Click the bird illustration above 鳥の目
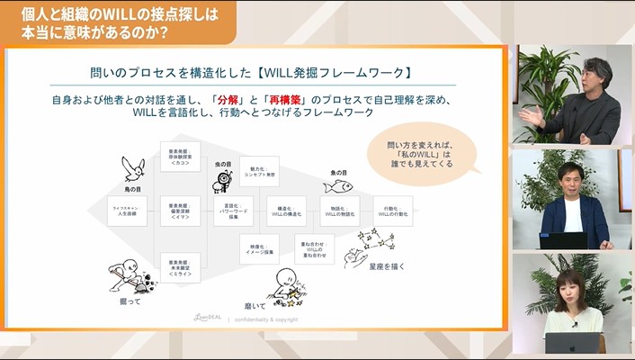point(133,167)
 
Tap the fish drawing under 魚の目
point(338,184)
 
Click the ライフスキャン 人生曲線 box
point(125,211)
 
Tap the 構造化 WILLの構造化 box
point(286,211)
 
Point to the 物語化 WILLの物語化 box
point(340,211)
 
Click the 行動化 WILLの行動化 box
point(392,211)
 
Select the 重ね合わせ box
point(314,247)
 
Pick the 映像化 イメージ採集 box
point(259,247)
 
